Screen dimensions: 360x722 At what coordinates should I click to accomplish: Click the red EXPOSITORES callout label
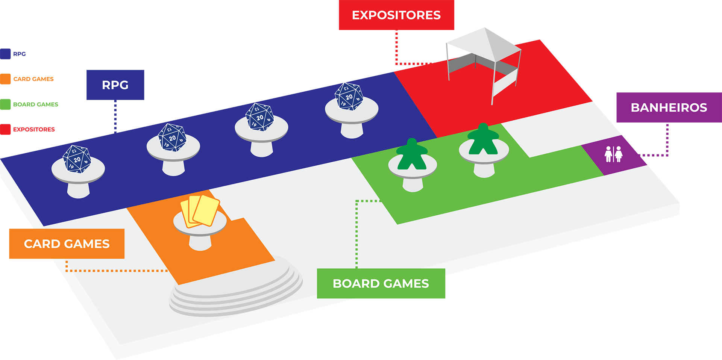pyautogui.click(x=396, y=15)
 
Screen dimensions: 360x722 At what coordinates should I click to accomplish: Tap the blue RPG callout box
pyautogui.click(x=115, y=85)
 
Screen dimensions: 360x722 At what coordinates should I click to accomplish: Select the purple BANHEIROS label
pyautogui.click(x=669, y=107)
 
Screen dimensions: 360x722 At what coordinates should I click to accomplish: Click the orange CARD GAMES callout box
pyautogui.click(x=67, y=244)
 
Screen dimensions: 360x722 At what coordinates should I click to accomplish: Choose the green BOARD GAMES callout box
pyautogui.click(x=381, y=283)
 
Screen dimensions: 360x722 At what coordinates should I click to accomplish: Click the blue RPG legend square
pyautogui.click(x=5, y=54)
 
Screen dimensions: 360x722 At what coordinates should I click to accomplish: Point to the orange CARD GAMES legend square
pyautogui.click(x=5, y=79)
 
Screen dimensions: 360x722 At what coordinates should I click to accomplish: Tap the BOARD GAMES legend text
pyautogui.click(x=35, y=104)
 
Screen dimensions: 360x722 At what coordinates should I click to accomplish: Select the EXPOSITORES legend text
pyautogui.click(x=34, y=129)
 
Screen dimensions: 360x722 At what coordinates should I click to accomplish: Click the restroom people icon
pyautogui.click(x=613, y=154)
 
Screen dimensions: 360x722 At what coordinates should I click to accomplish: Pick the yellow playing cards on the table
pyautogui.click(x=200, y=211)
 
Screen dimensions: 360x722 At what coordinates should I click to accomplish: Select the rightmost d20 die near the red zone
pyautogui.click(x=349, y=96)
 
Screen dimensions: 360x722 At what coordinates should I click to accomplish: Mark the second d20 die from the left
pyautogui.click(x=172, y=138)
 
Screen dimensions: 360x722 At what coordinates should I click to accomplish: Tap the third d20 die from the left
pyautogui.click(x=259, y=117)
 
